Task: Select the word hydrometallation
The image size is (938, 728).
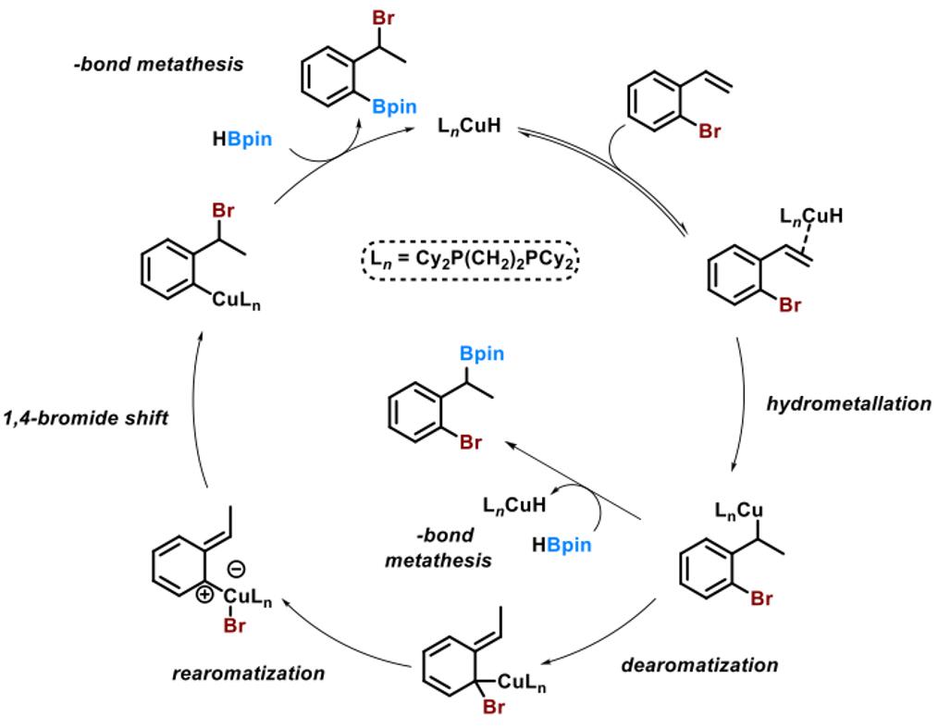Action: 848,403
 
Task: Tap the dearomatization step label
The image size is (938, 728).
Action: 699,664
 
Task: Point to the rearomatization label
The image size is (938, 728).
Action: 249,672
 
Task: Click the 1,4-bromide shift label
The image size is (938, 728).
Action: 84,418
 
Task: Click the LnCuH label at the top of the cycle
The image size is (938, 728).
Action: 469,124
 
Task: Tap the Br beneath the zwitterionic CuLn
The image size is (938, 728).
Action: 235,626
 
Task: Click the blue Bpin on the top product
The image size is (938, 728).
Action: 395,108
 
